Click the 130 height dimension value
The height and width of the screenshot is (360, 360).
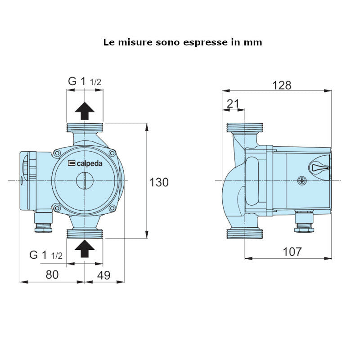(159, 182)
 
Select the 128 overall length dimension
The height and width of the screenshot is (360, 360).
(282, 85)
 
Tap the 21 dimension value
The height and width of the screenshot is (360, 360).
(233, 104)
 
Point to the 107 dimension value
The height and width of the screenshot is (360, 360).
(292, 252)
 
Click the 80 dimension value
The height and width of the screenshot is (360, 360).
(52, 274)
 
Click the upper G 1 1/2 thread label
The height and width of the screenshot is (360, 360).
(85, 81)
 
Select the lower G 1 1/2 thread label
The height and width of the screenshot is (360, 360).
(46, 255)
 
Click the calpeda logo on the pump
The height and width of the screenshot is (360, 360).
(85, 164)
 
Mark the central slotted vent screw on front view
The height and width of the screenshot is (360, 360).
(85, 181)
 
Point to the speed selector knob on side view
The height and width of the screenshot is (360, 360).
(319, 167)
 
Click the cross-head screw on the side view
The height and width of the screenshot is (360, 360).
(301, 181)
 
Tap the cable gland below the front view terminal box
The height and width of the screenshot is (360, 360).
(44, 223)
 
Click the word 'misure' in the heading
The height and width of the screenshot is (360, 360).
(135, 42)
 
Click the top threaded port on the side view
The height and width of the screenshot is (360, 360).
(244, 127)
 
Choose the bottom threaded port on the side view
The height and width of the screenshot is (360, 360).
(244, 233)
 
